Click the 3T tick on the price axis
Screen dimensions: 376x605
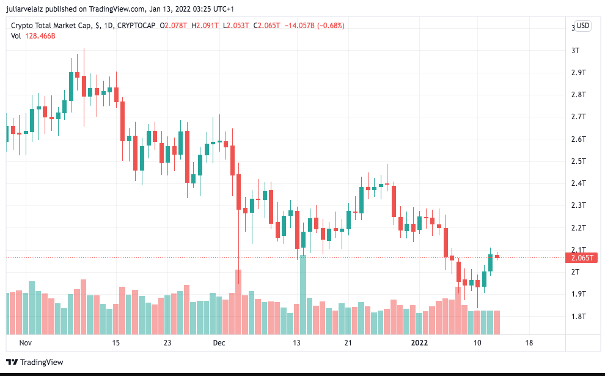tap(575, 50)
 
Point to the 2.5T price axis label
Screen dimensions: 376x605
tap(578, 161)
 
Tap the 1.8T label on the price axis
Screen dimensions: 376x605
tap(578, 316)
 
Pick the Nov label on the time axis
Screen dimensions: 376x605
tap(25, 343)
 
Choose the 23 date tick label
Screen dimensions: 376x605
tap(167, 343)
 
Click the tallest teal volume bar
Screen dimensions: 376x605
tap(302, 295)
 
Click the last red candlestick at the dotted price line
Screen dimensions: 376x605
tap(497, 257)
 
